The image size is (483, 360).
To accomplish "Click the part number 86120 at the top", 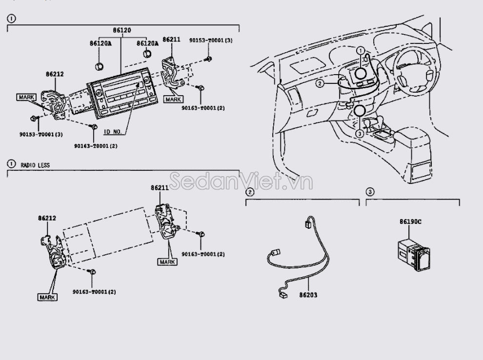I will tap(122, 30).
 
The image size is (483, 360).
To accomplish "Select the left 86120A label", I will tap(101, 43).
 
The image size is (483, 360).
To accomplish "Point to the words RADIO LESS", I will tap(35, 165).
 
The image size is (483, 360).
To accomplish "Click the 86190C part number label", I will tap(410, 222).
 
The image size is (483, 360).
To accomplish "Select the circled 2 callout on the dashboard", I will tap(320, 83).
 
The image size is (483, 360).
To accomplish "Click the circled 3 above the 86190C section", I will tap(370, 192).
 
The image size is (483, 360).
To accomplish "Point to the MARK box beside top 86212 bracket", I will tap(26, 97).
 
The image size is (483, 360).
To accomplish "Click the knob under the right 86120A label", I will tap(145, 54).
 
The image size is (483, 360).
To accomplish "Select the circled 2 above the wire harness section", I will tap(250, 192).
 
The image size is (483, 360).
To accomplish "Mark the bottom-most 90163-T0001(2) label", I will tap(95, 292).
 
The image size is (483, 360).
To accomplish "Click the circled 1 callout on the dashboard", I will tap(360, 50).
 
